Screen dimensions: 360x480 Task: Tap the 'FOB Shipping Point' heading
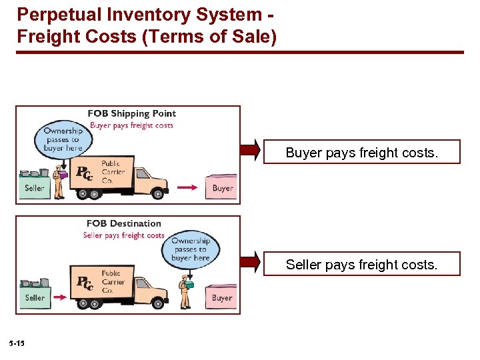132,113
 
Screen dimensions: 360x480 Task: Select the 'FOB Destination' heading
124,223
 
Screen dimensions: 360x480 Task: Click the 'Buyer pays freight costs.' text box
362,153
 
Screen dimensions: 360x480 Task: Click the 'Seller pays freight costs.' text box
362,265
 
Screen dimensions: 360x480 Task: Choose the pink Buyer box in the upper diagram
222,187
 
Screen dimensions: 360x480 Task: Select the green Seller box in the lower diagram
35,297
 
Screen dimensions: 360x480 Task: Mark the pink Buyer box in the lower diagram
221,297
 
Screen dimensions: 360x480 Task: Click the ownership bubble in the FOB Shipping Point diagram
61,139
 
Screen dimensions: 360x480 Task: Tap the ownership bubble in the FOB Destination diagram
190,249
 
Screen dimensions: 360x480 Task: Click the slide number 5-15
17,343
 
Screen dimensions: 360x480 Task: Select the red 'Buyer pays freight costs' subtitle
131,125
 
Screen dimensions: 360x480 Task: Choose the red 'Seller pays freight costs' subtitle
123,235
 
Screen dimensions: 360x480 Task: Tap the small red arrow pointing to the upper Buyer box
188,188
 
